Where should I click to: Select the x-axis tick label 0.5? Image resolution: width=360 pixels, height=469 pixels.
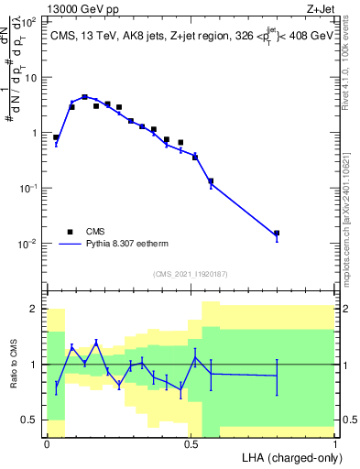191,443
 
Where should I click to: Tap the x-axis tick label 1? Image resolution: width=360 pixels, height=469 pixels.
335,443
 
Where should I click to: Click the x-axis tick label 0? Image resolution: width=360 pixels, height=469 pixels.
47,443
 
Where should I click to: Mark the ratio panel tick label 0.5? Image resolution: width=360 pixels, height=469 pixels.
30,420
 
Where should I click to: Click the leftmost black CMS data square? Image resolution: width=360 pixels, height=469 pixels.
56,137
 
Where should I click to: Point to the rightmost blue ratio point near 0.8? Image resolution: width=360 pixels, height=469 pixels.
277,376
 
